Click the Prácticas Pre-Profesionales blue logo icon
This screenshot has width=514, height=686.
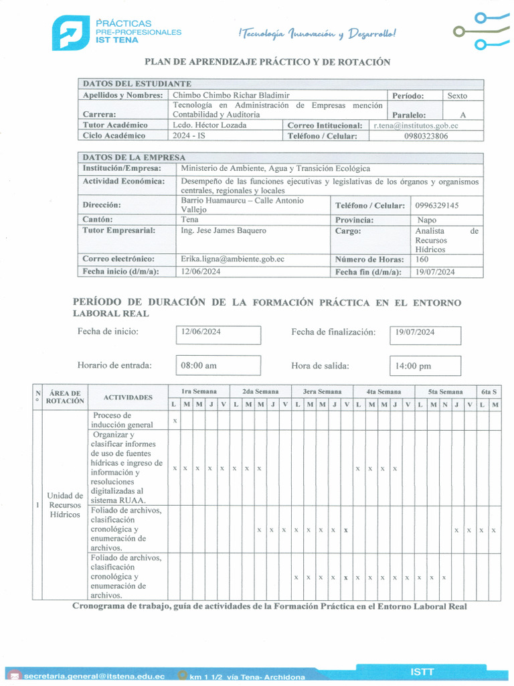(x=71, y=33)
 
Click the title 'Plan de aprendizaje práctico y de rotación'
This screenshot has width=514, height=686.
(x=267, y=62)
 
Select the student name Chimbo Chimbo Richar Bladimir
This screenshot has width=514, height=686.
(x=231, y=96)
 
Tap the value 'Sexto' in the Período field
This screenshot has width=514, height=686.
(x=457, y=96)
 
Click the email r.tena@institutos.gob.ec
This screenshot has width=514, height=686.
(x=416, y=125)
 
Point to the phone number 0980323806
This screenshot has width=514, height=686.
(x=426, y=136)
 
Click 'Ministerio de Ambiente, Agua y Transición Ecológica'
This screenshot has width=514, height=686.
(x=275, y=169)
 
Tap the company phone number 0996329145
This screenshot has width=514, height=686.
(x=436, y=205)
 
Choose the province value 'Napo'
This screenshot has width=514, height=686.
(x=426, y=220)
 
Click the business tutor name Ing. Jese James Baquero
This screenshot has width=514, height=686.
(x=223, y=230)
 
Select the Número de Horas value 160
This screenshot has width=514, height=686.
(x=422, y=259)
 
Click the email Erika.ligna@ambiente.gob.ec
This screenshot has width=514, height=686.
(x=232, y=259)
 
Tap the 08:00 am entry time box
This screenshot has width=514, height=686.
(x=218, y=366)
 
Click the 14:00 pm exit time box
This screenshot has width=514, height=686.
(x=425, y=366)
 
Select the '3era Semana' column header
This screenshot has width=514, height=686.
(x=322, y=391)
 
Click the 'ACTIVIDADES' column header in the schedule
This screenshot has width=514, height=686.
(x=128, y=397)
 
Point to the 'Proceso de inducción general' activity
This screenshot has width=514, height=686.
(x=122, y=420)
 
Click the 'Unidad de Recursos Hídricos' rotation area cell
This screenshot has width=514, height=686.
(x=64, y=505)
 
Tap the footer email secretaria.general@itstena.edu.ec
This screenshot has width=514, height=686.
(x=94, y=677)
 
